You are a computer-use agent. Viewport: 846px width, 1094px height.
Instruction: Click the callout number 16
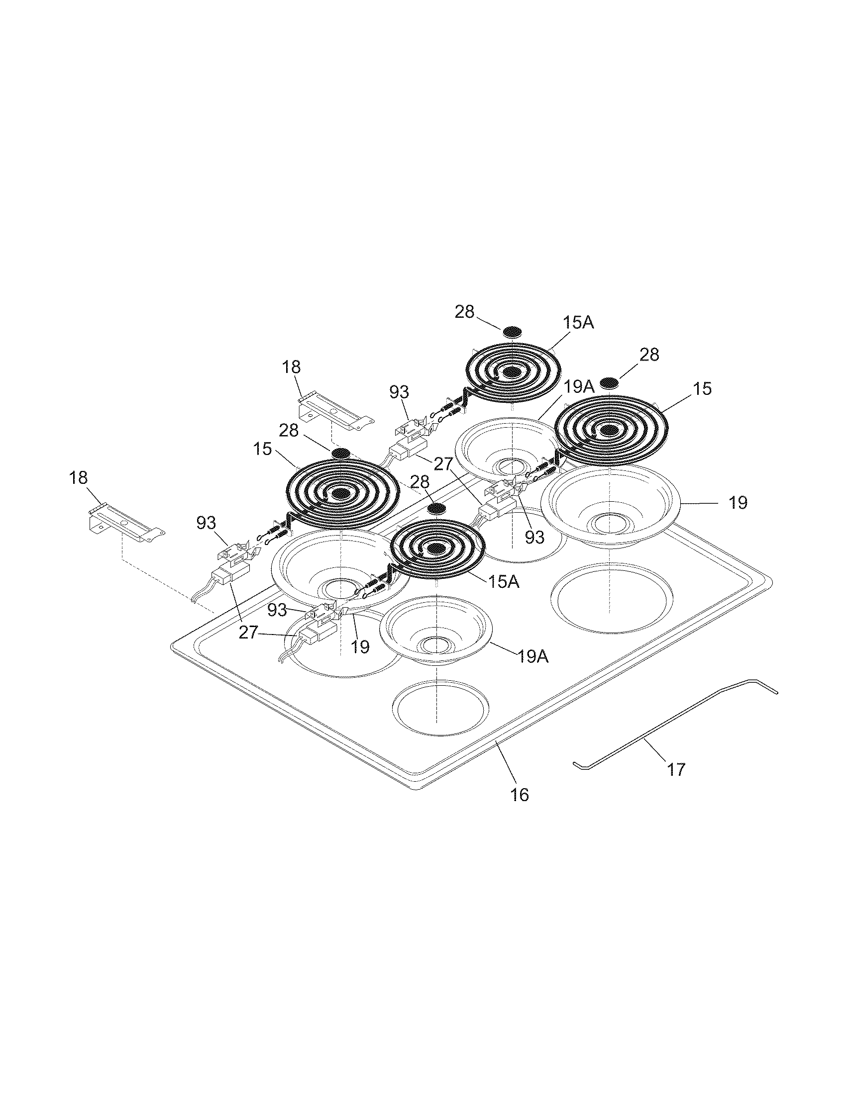[x=519, y=795]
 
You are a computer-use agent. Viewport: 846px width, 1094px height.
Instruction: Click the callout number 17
[x=676, y=769]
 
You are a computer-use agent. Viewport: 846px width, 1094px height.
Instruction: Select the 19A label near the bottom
[x=532, y=657]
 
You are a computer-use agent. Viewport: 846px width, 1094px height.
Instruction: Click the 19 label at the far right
[x=738, y=502]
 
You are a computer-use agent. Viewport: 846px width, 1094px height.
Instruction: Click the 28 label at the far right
[x=649, y=355]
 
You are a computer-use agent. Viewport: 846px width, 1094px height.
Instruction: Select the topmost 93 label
[x=400, y=392]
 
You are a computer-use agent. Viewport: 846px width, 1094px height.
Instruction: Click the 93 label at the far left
[x=206, y=524]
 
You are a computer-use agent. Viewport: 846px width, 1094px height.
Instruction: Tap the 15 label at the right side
[x=703, y=388]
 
